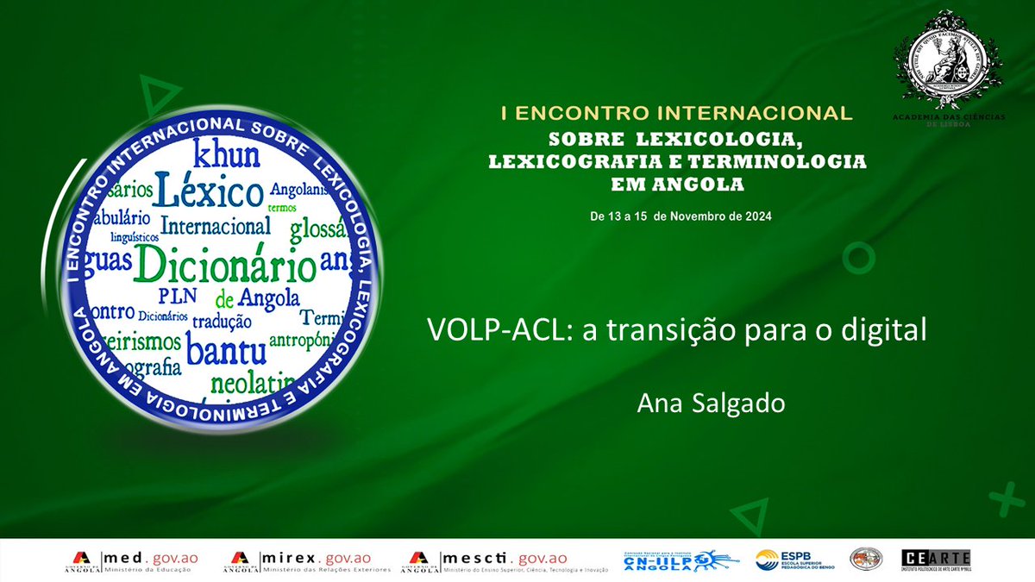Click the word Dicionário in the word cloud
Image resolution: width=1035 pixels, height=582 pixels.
[224, 265]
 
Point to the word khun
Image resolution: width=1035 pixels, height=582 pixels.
[226, 155]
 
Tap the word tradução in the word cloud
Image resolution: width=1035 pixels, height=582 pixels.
[222, 321]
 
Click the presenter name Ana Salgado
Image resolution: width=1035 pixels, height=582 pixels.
[711, 403]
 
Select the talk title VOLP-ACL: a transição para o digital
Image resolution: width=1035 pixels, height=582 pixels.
[676, 330]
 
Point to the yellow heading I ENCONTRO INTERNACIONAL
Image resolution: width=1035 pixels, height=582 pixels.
[676, 113]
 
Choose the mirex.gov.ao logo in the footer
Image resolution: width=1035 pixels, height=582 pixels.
[306, 560]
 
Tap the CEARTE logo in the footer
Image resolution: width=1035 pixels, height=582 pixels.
[935, 559]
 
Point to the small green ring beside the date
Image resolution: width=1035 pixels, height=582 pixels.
[858, 257]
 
